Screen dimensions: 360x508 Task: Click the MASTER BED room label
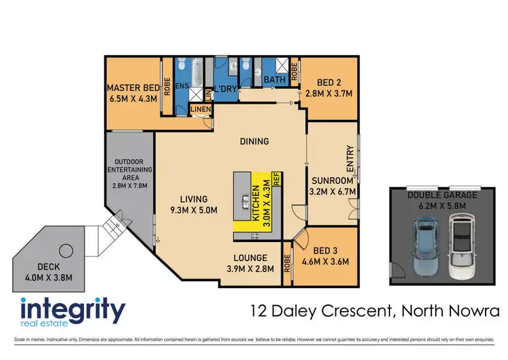(x=133, y=88)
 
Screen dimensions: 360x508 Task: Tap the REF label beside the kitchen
(x=276, y=179)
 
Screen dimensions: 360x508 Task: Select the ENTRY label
(x=350, y=157)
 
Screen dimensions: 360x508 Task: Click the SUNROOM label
(x=333, y=181)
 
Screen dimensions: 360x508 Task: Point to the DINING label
(x=255, y=142)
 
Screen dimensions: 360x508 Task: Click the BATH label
(x=274, y=80)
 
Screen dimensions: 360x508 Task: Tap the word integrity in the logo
(x=72, y=311)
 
